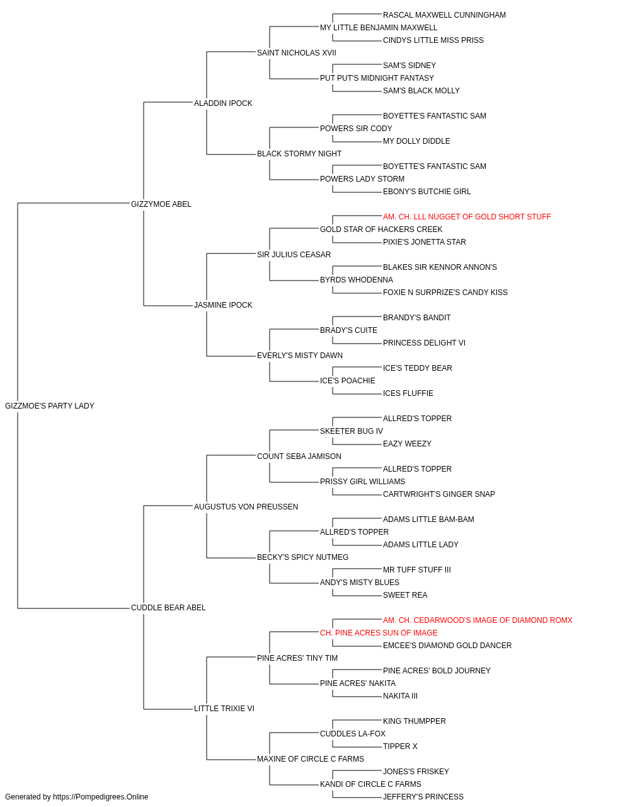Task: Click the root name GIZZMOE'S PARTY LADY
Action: pos(49,406)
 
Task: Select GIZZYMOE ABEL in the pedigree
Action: pos(161,204)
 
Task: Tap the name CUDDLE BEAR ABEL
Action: pos(168,608)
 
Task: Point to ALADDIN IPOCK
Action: pos(223,103)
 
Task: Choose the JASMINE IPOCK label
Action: pos(223,305)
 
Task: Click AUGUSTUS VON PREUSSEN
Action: pos(246,506)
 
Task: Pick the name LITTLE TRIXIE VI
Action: pos(224,708)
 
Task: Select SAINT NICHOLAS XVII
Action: pos(297,53)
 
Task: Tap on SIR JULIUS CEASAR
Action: pos(294,254)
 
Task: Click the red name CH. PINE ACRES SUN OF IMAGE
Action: pos(379,632)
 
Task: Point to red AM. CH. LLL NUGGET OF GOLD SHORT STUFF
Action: pos(467,216)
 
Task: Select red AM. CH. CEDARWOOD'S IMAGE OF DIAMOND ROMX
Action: pos(478,620)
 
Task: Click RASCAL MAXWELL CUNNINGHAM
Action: pos(444,15)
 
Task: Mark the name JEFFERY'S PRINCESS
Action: pos(423,797)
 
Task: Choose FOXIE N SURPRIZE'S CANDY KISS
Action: pos(445,293)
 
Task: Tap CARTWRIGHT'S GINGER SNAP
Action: pos(439,494)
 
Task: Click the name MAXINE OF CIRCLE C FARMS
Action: pos(311,758)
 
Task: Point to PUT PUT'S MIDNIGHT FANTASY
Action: pos(377,78)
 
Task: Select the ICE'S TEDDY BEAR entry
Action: pos(418,368)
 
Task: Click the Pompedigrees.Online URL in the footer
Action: pos(101,797)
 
